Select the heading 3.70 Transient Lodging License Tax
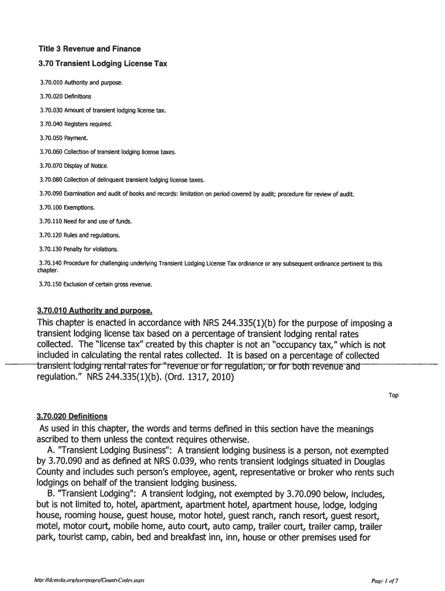102,63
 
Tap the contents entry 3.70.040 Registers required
75,124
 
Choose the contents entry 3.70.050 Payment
64,138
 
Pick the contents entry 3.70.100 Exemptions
66,207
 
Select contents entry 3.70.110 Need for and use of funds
86,221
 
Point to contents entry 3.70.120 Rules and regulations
80,235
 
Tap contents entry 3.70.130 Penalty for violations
78,249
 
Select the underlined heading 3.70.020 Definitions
72,416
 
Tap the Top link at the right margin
393,395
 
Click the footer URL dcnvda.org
87,579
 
